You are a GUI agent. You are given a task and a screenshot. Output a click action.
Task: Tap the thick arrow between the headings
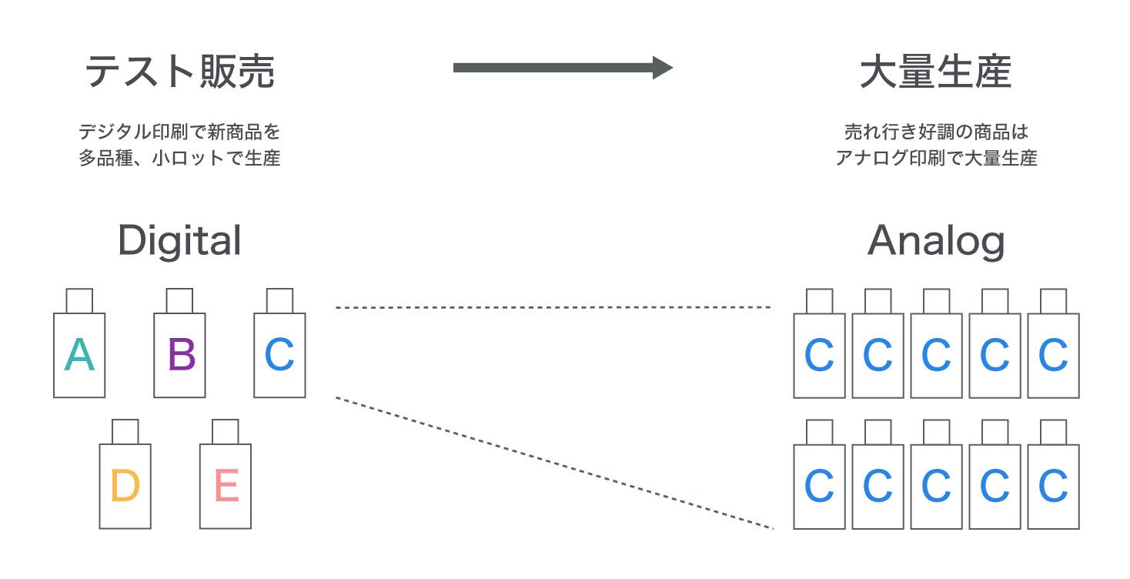coord(562,68)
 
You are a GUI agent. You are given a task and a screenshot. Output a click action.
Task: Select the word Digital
coord(179,241)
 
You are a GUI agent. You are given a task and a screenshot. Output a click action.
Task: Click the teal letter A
coord(79,356)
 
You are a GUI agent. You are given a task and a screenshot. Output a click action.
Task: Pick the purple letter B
coord(181,356)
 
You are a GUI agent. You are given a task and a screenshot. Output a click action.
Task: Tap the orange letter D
coord(125,487)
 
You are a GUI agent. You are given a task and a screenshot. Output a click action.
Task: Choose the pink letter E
coord(226,487)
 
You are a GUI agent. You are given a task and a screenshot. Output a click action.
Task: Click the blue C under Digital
coord(279,356)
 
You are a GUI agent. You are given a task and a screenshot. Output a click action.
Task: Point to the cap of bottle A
coord(79,300)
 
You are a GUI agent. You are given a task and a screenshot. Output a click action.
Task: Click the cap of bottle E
coord(225,431)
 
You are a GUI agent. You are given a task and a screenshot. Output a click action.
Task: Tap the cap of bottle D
coord(125,431)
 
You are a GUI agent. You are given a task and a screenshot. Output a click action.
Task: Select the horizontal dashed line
coord(553,307)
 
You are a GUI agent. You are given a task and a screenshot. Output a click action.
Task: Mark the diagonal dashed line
coord(554,464)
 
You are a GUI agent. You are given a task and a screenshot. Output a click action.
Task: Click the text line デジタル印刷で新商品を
coord(179,131)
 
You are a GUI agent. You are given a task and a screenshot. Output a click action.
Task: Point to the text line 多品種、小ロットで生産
coord(179,159)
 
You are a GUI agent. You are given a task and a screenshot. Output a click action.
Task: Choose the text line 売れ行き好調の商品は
coord(935,131)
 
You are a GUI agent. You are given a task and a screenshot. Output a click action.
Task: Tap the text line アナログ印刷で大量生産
coord(935,159)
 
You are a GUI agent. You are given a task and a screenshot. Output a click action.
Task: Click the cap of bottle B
coord(179,300)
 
